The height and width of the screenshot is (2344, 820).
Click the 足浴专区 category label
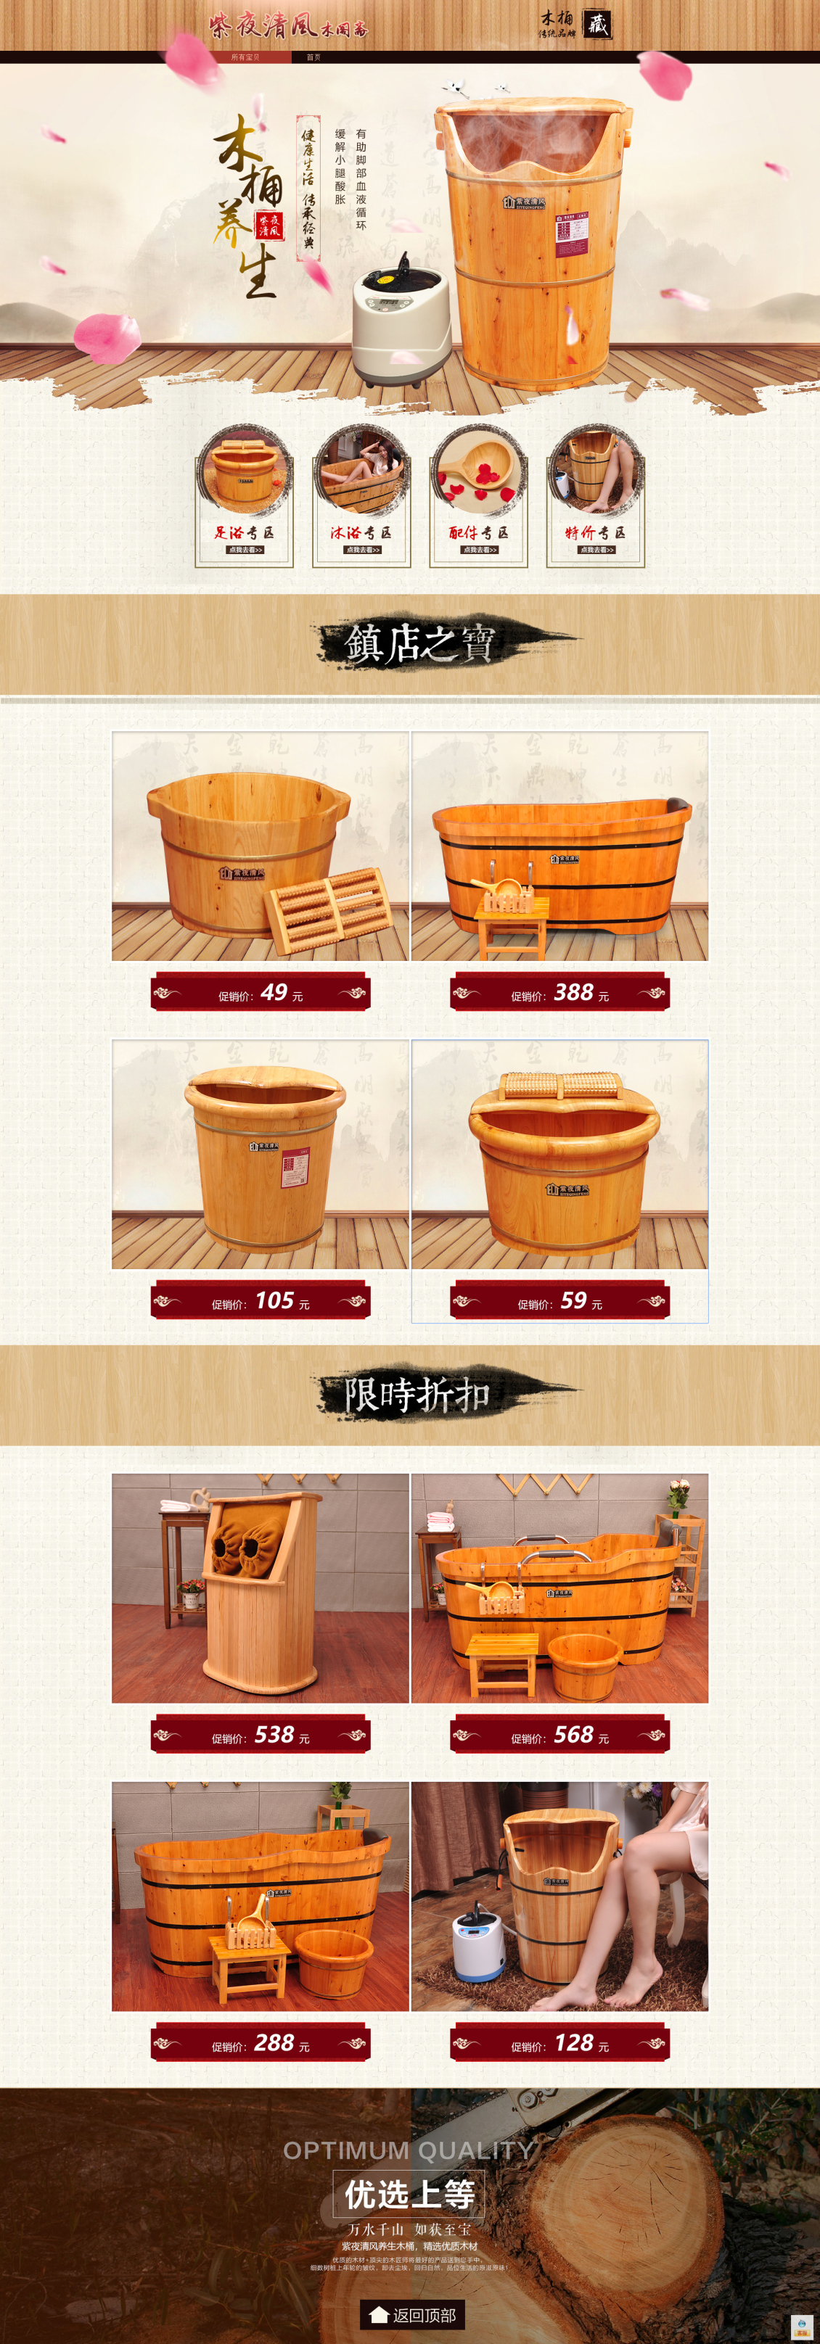point(244,532)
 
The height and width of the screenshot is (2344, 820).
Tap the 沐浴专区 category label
point(361,532)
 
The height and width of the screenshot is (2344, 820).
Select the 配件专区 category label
point(479,532)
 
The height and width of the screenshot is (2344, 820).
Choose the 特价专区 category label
point(595,532)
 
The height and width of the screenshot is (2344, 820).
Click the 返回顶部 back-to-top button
point(412,2314)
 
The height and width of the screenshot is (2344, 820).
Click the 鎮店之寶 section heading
point(419,643)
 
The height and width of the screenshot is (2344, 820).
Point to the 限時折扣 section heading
point(418,1394)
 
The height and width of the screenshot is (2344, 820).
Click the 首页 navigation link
point(313,57)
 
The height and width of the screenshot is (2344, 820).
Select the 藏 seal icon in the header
point(597,25)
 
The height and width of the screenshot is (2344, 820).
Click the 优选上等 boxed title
point(409,2195)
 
